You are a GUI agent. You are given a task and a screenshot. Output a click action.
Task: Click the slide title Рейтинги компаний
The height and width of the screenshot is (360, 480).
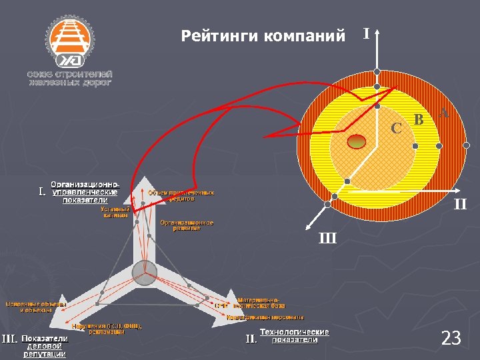click(x=263, y=35)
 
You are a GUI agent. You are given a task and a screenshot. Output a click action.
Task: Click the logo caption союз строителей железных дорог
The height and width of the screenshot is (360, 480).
click(x=69, y=78)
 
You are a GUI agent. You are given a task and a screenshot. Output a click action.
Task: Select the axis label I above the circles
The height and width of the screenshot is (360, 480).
click(x=366, y=33)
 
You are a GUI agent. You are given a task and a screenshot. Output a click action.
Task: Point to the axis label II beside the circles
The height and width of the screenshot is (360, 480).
click(x=460, y=205)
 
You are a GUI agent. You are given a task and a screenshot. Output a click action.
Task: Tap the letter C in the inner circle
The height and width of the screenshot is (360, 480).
click(x=396, y=127)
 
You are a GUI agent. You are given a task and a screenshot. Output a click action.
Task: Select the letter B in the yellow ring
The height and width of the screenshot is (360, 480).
click(x=419, y=120)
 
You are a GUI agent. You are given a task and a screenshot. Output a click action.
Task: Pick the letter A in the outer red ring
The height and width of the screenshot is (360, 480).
click(x=444, y=113)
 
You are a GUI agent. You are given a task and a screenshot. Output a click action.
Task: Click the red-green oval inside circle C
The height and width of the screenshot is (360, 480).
click(x=357, y=140)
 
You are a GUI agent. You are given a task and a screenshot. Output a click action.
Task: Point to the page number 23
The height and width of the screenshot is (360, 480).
click(x=451, y=339)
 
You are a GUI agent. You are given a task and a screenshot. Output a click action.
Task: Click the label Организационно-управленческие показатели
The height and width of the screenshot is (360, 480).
click(x=85, y=192)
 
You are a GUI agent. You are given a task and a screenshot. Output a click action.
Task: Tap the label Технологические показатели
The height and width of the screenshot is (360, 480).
click(x=294, y=336)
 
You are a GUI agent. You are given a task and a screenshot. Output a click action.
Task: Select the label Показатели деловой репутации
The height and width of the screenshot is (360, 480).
click(x=45, y=346)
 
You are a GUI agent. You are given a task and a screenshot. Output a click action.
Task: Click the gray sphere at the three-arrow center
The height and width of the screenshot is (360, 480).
click(x=144, y=273)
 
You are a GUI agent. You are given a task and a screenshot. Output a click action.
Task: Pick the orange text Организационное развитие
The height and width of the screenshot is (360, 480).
click(x=187, y=225)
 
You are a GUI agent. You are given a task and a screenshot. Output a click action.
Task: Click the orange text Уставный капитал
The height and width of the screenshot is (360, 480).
click(x=115, y=212)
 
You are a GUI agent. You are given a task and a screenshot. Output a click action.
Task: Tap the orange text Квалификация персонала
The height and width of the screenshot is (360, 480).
click(x=265, y=317)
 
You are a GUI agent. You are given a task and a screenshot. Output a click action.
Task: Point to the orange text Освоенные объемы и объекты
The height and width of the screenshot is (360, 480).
click(x=37, y=307)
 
